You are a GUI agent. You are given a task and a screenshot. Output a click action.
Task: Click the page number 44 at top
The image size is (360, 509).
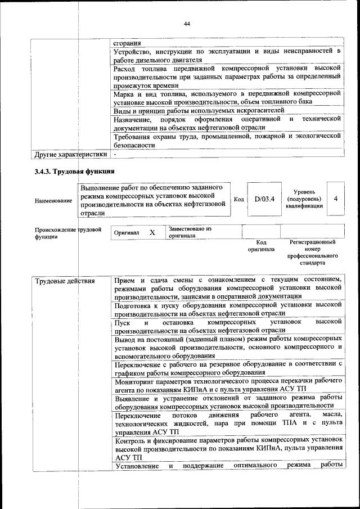click(187, 24)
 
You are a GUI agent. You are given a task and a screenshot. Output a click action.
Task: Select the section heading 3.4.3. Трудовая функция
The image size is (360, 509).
click(74, 172)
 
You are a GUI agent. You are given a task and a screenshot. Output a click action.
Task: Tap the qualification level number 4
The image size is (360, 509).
click(336, 199)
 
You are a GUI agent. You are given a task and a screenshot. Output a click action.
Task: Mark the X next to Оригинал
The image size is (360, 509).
click(152, 232)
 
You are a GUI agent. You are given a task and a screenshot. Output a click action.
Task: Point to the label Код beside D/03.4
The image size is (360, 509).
click(238, 199)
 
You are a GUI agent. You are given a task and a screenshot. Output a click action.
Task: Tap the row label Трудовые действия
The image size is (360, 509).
click(65, 280)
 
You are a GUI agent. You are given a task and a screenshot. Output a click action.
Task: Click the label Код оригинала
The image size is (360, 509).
click(261, 245)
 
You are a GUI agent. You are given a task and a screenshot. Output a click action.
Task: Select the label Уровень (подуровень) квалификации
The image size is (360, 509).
click(304, 199)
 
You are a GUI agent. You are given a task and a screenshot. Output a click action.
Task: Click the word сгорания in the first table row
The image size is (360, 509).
click(127, 43)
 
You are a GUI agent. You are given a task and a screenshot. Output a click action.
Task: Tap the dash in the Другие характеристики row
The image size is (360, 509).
click(115, 154)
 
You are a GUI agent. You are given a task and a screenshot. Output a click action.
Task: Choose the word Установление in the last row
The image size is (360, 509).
click(137, 466)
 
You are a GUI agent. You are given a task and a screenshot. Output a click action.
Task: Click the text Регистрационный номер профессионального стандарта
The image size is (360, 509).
click(313, 252)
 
